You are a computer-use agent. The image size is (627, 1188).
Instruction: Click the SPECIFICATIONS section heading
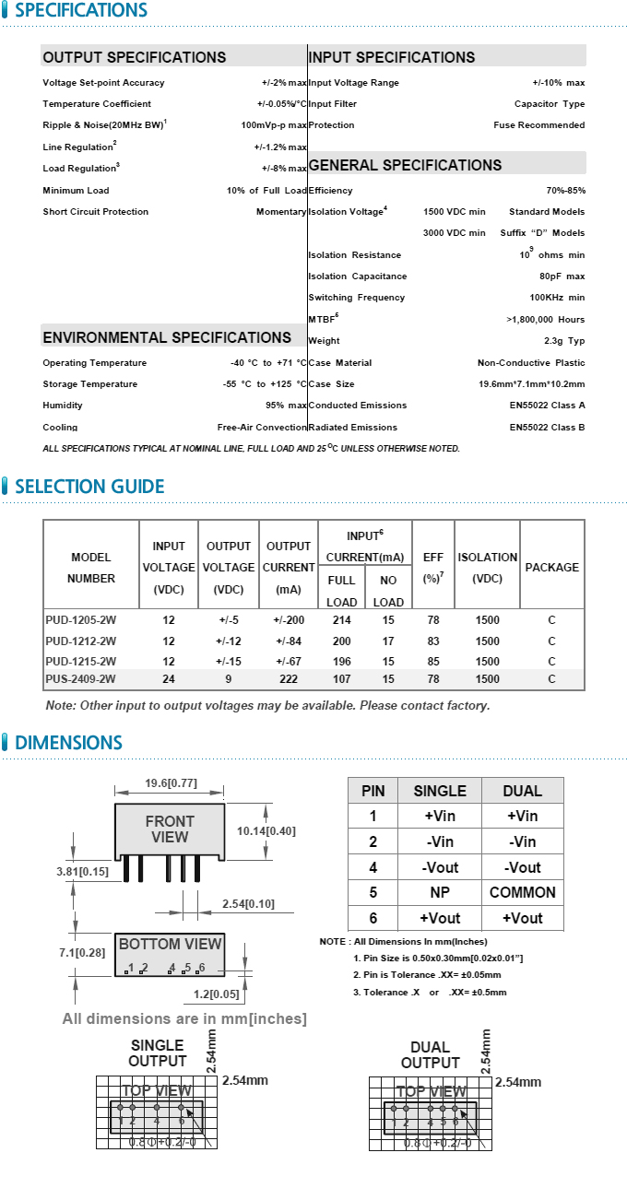[x=81, y=11]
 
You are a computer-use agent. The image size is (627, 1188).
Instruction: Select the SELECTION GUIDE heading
[x=89, y=487]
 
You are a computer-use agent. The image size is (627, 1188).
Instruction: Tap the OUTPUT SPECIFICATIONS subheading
[x=135, y=57]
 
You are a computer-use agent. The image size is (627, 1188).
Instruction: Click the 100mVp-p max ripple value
[x=274, y=125]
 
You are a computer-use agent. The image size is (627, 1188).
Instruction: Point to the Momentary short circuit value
[x=281, y=212]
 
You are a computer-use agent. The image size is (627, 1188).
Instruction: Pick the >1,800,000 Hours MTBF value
[x=546, y=320]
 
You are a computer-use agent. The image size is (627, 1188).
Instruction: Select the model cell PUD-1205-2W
[x=81, y=620]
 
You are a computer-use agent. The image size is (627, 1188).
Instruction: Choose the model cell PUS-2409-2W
[x=81, y=679]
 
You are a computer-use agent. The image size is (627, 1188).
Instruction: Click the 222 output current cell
[x=289, y=679]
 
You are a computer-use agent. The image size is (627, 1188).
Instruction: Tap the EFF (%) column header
[x=433, y=568]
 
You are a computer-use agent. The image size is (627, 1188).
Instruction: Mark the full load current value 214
[x=342, y=620]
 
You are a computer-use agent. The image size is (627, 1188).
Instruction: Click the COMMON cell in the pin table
[x=523, y=892]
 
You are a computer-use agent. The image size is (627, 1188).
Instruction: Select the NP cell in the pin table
[x=441, y=892]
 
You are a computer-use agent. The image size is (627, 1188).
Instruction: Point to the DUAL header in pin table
[x=523, y=791]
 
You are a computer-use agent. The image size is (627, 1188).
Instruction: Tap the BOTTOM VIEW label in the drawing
[x=171, y=944]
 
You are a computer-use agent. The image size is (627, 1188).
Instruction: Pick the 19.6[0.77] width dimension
[x=171, y=783]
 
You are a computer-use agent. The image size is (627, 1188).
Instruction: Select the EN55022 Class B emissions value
[x=547, y=428]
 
